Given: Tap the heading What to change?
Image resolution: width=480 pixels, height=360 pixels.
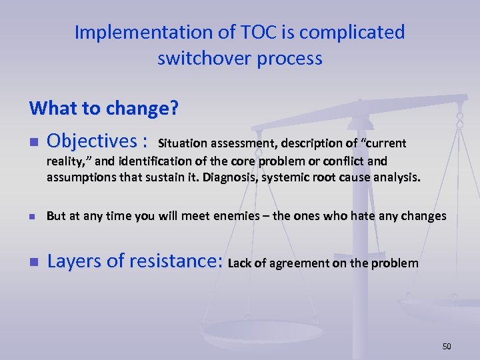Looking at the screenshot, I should pos(103,107).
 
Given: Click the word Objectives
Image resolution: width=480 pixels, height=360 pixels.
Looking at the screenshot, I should pos(93,141).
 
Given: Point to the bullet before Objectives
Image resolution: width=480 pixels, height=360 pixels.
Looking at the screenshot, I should pos(33,142).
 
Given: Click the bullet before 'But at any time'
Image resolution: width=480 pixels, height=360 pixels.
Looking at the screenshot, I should pos(33,217).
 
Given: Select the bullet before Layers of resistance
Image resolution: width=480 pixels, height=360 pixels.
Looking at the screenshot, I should pos(33,262).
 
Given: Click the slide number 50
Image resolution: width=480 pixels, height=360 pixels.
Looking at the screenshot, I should pos(446,346).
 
